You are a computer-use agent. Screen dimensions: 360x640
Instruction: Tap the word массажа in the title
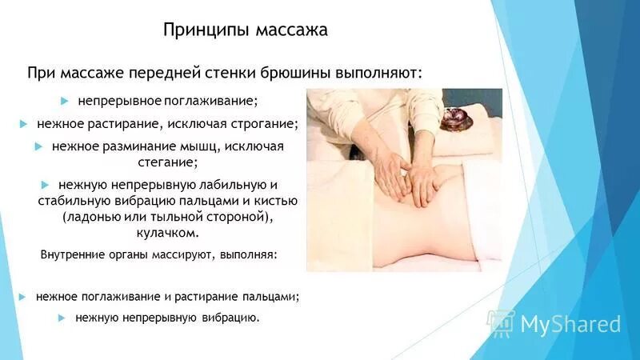(x=292, y=30)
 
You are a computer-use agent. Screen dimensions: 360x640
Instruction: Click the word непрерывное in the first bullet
(x=119, y=102)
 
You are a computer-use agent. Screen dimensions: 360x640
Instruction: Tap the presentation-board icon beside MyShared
(x=501, y=323)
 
